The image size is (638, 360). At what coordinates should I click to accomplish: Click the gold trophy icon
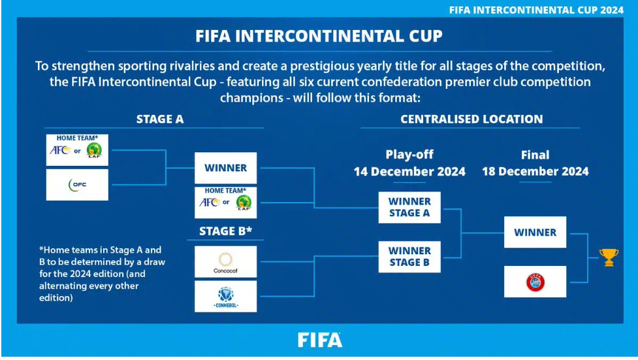click(609, 257)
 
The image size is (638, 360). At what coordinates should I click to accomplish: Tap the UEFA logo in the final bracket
click(535, 282)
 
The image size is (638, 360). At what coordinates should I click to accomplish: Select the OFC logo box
click(77, 185)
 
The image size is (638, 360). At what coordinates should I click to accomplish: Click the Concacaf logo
click(225, 262)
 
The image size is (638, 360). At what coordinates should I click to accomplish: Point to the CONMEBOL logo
click(225, 297)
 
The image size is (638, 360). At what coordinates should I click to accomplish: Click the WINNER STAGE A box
click(409, 207)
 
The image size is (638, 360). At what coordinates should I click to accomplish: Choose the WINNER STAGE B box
click(409, 257)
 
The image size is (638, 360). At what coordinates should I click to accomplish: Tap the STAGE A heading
click(160, 120)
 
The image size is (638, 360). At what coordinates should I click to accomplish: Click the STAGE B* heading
click(225, 231)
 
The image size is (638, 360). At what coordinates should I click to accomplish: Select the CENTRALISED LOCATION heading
click(471, 120)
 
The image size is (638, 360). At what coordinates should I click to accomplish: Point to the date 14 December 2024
click(409, 171)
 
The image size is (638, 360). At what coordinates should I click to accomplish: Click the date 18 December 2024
click(535, 171)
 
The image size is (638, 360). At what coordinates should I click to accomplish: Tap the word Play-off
click(409, 155)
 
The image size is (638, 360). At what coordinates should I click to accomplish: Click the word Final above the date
click(535, 155)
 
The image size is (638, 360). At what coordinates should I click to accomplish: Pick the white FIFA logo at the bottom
click(320, 340)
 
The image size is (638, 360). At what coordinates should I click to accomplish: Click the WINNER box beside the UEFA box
click(535, 232)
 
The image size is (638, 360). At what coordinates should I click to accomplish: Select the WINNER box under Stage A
click(225, 168)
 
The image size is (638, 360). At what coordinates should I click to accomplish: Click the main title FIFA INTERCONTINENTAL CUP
click(319, 36)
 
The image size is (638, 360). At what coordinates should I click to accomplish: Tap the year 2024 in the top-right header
click(611, 10)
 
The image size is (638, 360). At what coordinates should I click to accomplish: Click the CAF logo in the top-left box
click(95, 151)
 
